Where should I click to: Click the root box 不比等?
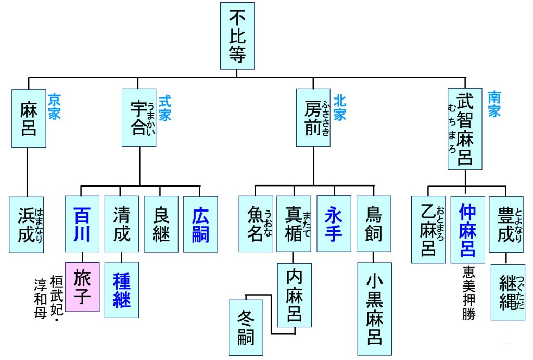coord(237,35)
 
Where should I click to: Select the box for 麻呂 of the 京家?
coord(29,118)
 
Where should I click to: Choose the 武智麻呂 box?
coord(465,128)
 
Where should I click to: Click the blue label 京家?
coord(54,107)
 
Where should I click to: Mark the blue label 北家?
coord(340,107)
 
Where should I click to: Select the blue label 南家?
coord(494,104)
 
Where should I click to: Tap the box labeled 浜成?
coord(26,225)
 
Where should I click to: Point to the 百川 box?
coord(82,224)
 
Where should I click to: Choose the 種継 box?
coord(122,290)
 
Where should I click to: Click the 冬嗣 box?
coord(245,328)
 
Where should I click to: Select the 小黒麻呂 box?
coord(374,308)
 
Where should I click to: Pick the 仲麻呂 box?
coord(467,229)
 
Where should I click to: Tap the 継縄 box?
coord(507,292)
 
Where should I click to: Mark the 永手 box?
coord(334,224)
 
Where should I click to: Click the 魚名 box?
coord(256,224)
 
